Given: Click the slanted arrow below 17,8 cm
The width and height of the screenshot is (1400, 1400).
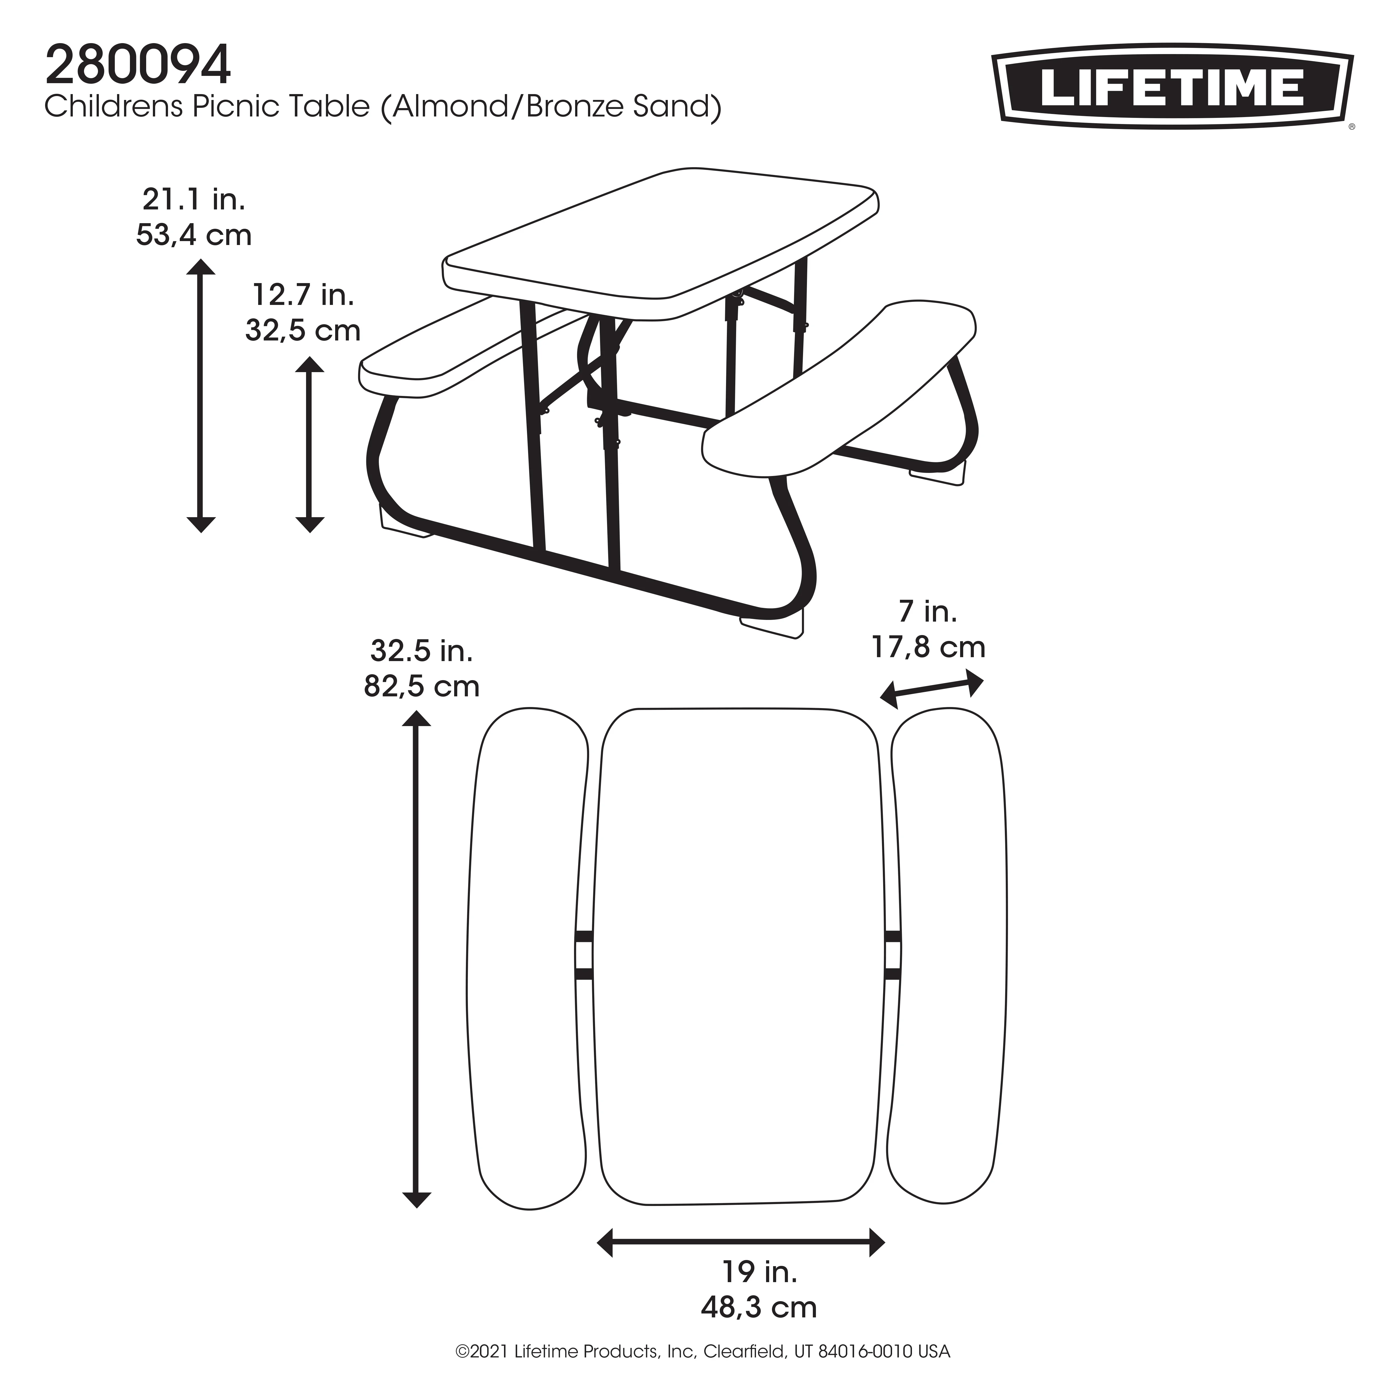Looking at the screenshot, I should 932,689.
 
